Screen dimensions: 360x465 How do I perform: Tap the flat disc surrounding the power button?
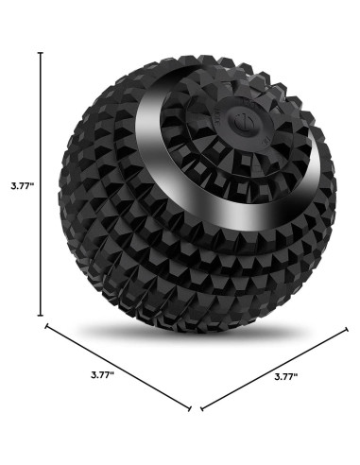[244, 122]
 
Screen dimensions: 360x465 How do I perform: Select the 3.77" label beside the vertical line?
[23, 185]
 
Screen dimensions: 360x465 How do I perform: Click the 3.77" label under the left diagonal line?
[102, 375]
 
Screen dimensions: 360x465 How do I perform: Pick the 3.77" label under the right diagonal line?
[286, 376]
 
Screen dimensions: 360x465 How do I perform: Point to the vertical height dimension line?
[41, 184]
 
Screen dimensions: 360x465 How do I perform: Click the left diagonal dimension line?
[118, 367]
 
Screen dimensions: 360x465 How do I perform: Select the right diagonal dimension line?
[274, 370]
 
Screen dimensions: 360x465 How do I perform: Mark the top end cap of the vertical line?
[41, 53]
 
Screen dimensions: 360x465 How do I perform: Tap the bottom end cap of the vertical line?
[41, 315]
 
